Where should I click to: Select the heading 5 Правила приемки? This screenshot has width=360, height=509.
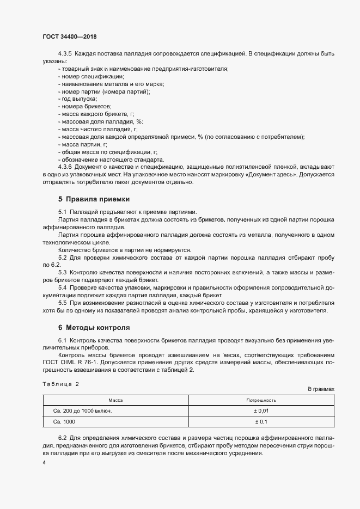[x=94, y=199]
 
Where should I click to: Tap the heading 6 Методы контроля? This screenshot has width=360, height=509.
[x=94, y=328]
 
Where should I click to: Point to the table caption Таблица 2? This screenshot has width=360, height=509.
[x=60, y=384]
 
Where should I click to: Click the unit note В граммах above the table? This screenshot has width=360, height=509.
[x=321, y=389]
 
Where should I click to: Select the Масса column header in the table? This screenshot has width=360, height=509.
[x=115, y=400]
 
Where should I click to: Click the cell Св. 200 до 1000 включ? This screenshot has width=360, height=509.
[x=82, y=411]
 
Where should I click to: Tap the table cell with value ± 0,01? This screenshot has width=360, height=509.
[x=261, y=411]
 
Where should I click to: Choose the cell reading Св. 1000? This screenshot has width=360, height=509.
[x=64, y=422]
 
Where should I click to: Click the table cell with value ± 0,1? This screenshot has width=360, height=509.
[x=261, y=422]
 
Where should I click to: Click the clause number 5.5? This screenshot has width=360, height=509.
[x=62, y=302]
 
